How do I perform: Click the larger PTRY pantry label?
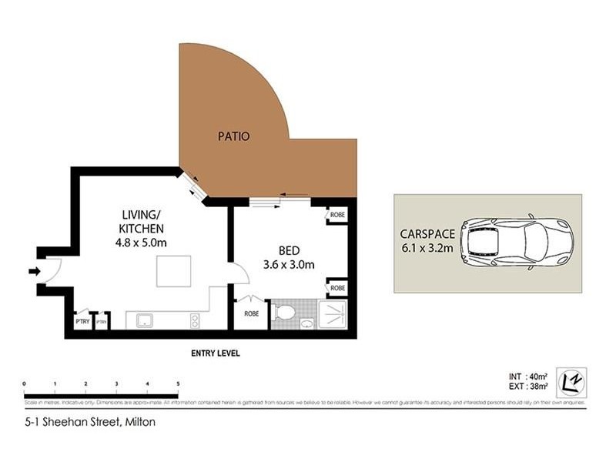click(x=82, y=321)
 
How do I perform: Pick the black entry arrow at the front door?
click(x=35, y=270)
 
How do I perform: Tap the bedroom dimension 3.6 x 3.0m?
click(x=290, y=265)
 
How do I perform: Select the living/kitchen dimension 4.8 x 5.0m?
click(x=142, y=243)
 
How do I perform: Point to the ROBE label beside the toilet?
click(x=251, y=314)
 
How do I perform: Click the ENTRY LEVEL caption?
click(x=216, y=353)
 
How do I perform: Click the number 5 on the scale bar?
click(x=178, y=383)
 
